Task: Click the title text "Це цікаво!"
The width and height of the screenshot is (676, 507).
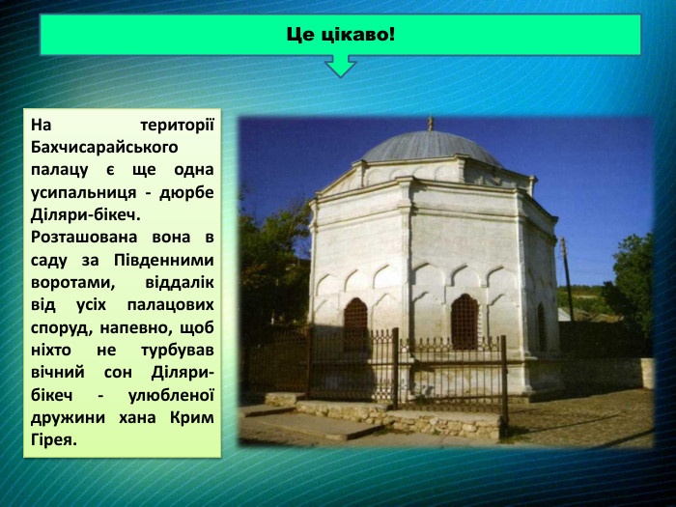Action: (340, 35)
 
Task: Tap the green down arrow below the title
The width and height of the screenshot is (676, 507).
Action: (340, 66)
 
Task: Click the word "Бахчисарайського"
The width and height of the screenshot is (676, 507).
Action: (104, 148)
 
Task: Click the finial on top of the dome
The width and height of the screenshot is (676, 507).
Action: (431, 123)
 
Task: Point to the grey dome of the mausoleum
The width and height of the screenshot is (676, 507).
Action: (431, 148)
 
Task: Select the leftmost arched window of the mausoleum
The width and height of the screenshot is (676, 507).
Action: (355, 324)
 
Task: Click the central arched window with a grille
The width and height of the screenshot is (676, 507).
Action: (465, 321)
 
